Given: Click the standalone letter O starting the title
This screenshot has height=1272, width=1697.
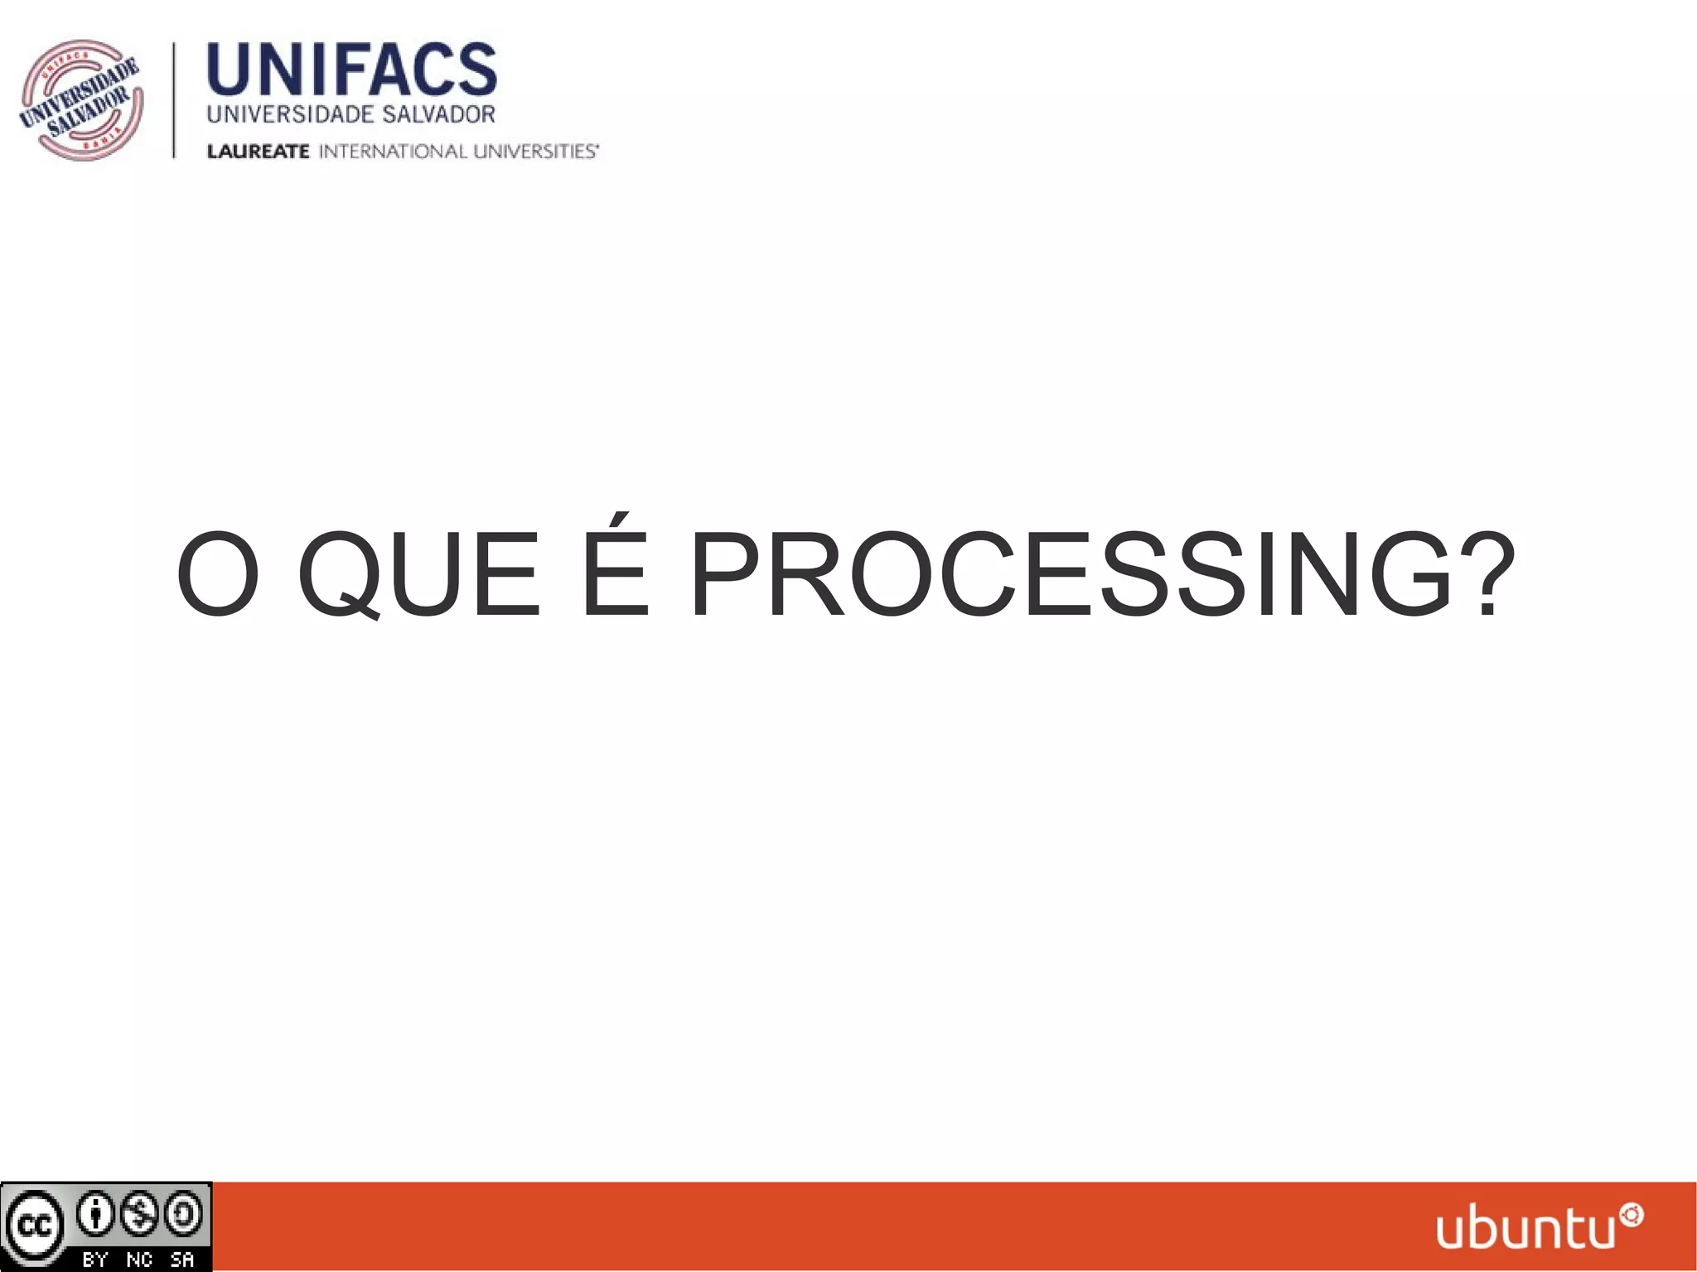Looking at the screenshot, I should [x=218, y=576].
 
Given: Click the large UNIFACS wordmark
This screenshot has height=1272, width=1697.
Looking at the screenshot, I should [x=351, y=70].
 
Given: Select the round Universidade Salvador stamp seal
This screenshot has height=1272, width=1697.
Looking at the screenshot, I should [x=81, y=99].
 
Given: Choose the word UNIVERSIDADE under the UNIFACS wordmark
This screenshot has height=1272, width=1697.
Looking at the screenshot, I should [x=278, y=114].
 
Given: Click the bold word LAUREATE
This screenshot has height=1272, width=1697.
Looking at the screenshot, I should [x=258, y=152].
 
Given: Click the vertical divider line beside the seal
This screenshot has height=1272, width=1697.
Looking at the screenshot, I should [x=174, y=99].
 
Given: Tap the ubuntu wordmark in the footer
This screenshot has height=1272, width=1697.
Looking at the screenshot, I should [x=1526, y=1231].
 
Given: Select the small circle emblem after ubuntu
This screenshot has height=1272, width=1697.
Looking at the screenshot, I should [x=1632, y=1215].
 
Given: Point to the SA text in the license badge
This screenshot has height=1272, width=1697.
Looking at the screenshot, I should [x=182, y=1260].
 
